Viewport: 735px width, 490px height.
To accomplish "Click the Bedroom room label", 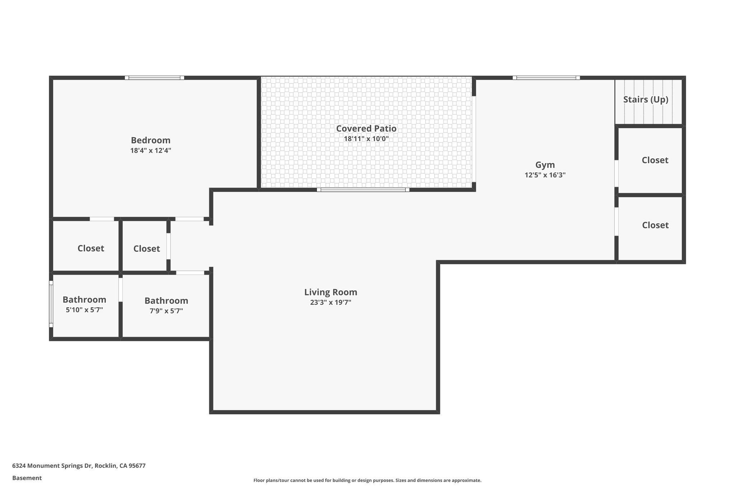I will pyautogui.click(x=150, y=140).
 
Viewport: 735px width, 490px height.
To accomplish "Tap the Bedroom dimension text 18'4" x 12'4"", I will pyautogui.click(x=150, y=150).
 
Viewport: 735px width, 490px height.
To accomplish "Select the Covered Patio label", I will pyautogui.click(x=366, y=129).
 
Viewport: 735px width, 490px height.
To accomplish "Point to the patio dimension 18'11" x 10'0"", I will pyautogui.click(x=366, y=139).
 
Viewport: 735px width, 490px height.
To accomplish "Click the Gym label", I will pyautogui.click(x=545, y=165).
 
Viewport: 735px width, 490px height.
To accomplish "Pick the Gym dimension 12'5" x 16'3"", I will pyautogui.click(x=545, y=175).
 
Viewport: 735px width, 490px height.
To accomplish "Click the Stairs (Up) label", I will pyautogui.click(x=645, y=99).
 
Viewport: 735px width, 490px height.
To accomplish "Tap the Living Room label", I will pyautogui.click(x=331, y=292).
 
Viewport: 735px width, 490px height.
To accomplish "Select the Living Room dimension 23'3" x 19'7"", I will pyautogui.click(x=331, y=302).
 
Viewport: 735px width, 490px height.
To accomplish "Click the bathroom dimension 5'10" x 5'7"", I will pyautogui.click(x=84, y=310).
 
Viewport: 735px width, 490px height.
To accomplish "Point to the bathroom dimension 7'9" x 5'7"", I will pyautogui.click(x=166, y=311).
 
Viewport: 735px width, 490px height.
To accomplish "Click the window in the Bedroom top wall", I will pyautogui.click(x=154, y=78).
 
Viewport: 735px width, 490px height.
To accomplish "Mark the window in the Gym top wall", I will pyautogui.click(x=546, y=78).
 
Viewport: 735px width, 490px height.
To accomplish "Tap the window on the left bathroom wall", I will pyautogui.click(x=51, y=304).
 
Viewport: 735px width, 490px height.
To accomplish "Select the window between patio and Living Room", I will pyautogui.click(x=363, y=190).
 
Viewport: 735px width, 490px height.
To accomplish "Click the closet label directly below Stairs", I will pyautogui.click(x=655, y=160).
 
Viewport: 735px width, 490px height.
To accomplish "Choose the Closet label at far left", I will pyautogui.click(x=91, y=248).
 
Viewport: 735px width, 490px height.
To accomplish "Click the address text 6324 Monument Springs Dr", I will pyautogui.click(x=79, y=466).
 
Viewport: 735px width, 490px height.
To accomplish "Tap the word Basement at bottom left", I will pyautogui.click(x=27, y=478).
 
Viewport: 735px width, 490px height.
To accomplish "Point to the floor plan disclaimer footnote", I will pyautogui.click(x=367, y=480).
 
